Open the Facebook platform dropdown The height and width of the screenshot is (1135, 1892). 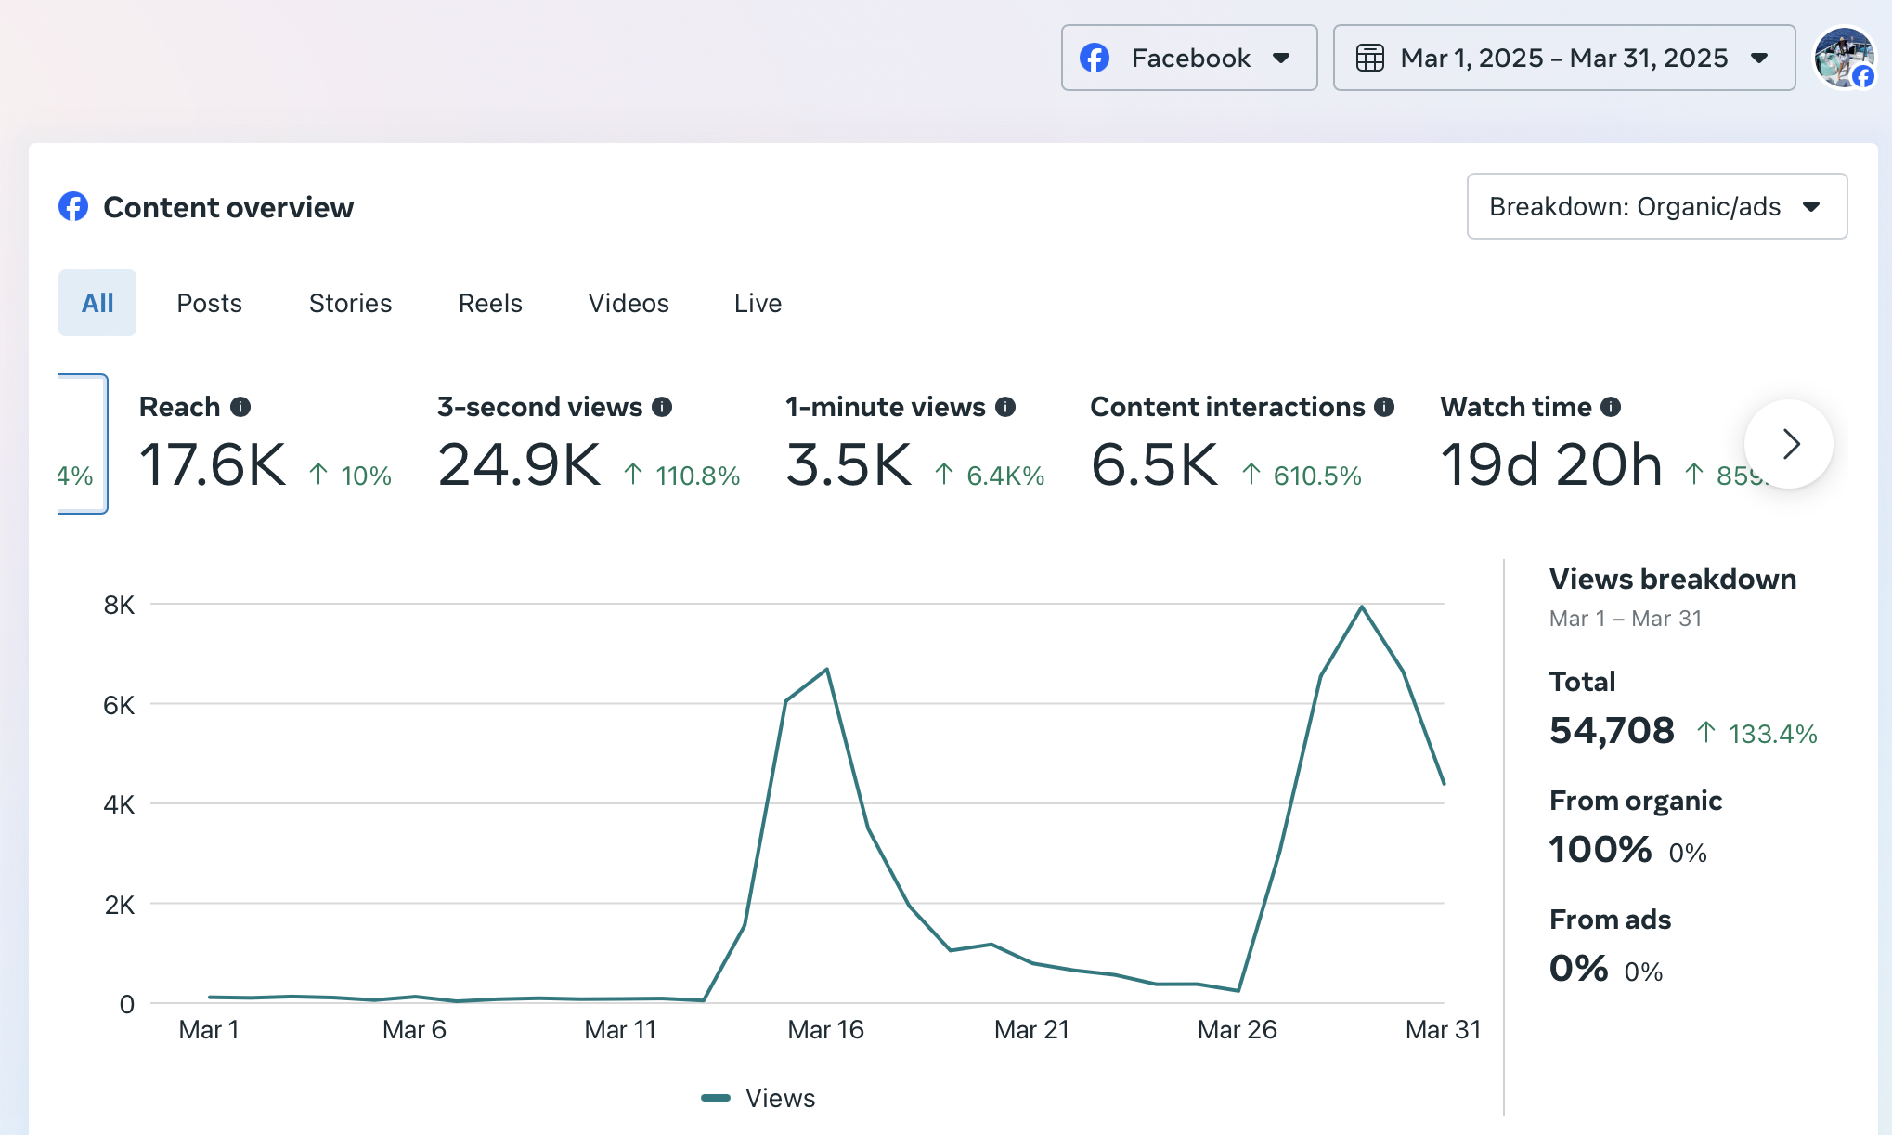coord(1188,58)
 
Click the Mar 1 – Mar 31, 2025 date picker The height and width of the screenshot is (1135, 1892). coord(1563,58)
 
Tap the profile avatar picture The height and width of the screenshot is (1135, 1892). coord(1844,58)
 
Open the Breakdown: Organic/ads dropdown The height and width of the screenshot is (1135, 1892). coord(1656,206)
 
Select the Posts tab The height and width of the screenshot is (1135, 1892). coord(209,303)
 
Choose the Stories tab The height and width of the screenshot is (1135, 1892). coord(350,303)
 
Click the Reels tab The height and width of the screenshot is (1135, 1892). coord(490,303)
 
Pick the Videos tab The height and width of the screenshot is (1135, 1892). coord(629,303)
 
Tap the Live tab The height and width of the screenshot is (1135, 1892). coord(758,303)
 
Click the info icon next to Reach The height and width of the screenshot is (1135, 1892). coord(240,407)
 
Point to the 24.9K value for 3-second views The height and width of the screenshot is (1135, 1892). coord(519,464)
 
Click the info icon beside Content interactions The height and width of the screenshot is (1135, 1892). coord(1384,407)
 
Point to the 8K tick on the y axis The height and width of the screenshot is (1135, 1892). coord(119,605)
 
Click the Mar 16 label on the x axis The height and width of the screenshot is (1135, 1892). coord(825,1029)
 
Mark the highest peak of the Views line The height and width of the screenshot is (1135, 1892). coord(1362,607)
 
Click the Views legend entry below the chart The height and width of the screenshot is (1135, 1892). coord(758,1098)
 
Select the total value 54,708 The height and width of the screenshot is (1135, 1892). coord(1612,731)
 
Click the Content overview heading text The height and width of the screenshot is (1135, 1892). coord(228,207)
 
